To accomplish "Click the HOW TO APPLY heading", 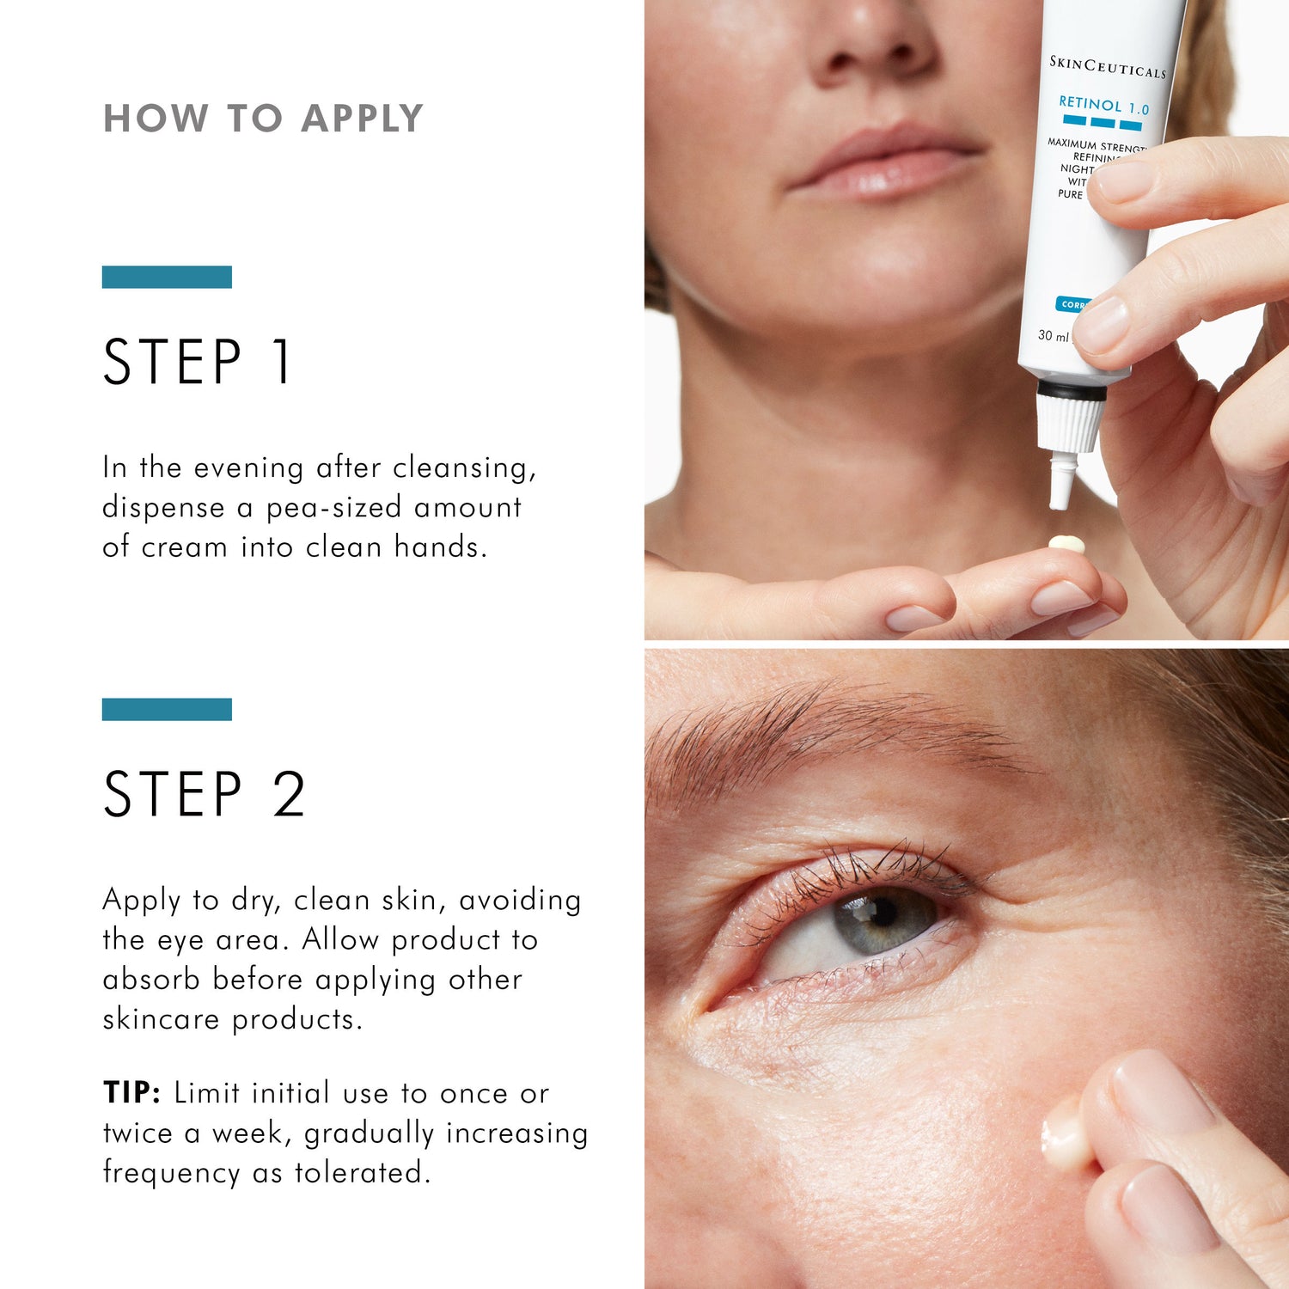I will click(263, 119).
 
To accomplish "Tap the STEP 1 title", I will click(198, 362).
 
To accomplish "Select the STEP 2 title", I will click(204, 794).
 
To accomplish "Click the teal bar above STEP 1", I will click(167, 277).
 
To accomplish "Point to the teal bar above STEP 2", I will click(167, 709).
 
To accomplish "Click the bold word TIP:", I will click(131, 1093).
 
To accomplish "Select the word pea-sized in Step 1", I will click(334, 508).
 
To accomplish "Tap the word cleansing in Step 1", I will click(464, 468).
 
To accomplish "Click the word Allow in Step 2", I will click(340, 939).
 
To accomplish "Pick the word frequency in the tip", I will click(171, 1173).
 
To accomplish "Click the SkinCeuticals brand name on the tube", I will click(1108, 66).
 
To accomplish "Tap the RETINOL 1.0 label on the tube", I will click(1103, 106).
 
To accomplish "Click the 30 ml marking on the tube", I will click(1053, 335).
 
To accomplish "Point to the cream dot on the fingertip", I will click(1066, 544).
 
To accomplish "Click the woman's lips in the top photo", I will click(885, 163).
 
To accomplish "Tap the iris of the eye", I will click(885, 919).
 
